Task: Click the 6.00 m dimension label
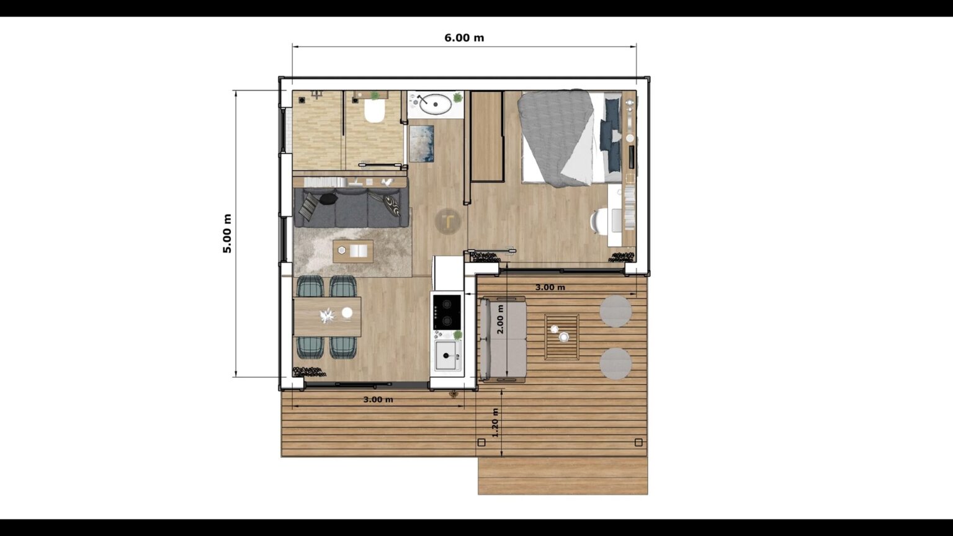coord(464,38)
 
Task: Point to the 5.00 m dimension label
coord(227,233)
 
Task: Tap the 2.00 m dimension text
coord(501,319)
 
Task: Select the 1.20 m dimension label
coord(494,422)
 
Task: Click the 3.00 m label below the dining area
coord(378,400)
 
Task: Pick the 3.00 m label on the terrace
coord(550,287)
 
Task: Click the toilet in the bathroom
coord(374,112)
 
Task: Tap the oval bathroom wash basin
coord(436,104)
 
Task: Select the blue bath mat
coord(421,143)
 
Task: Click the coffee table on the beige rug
coord(353,251)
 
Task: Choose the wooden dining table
coord(327,316)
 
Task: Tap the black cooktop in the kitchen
coord(447,311)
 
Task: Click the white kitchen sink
coord(447,355)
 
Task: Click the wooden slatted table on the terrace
coord(562,337)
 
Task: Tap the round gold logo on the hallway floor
coord(448,221)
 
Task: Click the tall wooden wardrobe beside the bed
coord(486,136)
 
